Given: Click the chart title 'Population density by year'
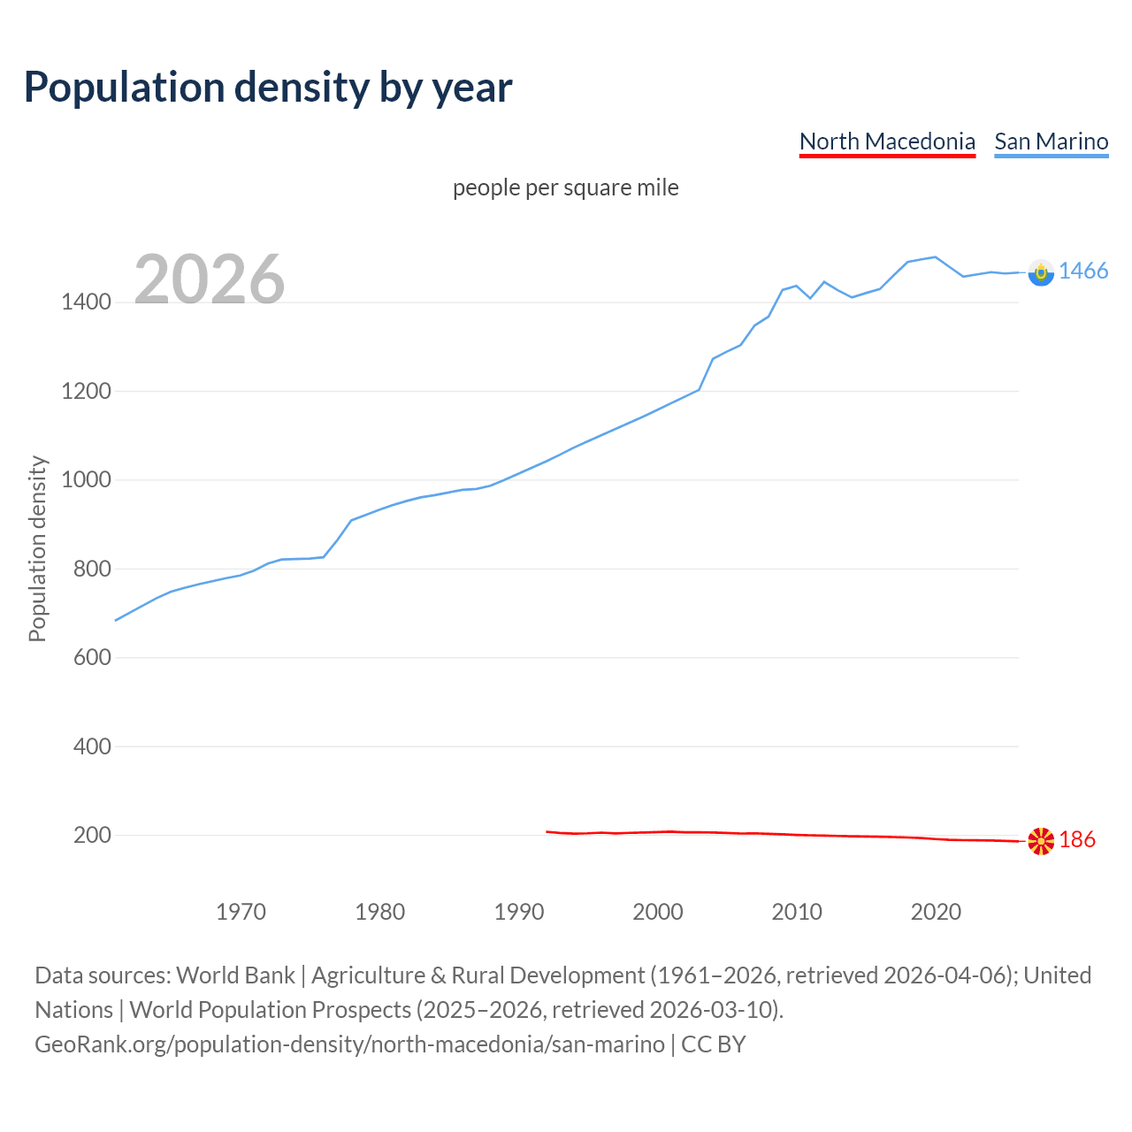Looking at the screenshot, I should coord(268,88).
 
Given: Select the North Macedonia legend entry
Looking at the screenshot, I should coord(887,141).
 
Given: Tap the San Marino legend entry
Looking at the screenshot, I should coord(1051,141).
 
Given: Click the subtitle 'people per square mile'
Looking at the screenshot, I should coord(565,187).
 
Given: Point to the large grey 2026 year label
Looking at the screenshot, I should coord(210,279).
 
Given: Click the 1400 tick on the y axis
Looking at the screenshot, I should coord(86,302).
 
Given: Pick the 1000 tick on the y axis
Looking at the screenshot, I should coord(86,480).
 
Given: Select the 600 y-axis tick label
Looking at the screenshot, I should coord(92,658).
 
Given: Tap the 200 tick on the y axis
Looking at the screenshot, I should coord(92,836).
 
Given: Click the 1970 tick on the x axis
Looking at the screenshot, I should coord(241,912).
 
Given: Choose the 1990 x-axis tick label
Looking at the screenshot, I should coord(519,912).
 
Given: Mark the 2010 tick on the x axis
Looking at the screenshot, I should coord(797,912).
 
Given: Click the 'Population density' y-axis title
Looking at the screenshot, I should coord(37,548).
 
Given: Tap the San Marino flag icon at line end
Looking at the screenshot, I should coord(1041,272).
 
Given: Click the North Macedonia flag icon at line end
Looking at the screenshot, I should coord(1041,840).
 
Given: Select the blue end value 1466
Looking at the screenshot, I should coord(1083,272).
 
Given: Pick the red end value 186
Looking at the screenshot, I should coord(1077,840).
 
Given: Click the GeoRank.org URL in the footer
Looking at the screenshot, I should coord(349,1044).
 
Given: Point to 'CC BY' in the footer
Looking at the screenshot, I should coord(714,1044).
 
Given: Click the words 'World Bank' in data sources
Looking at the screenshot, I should coord(235,975).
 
